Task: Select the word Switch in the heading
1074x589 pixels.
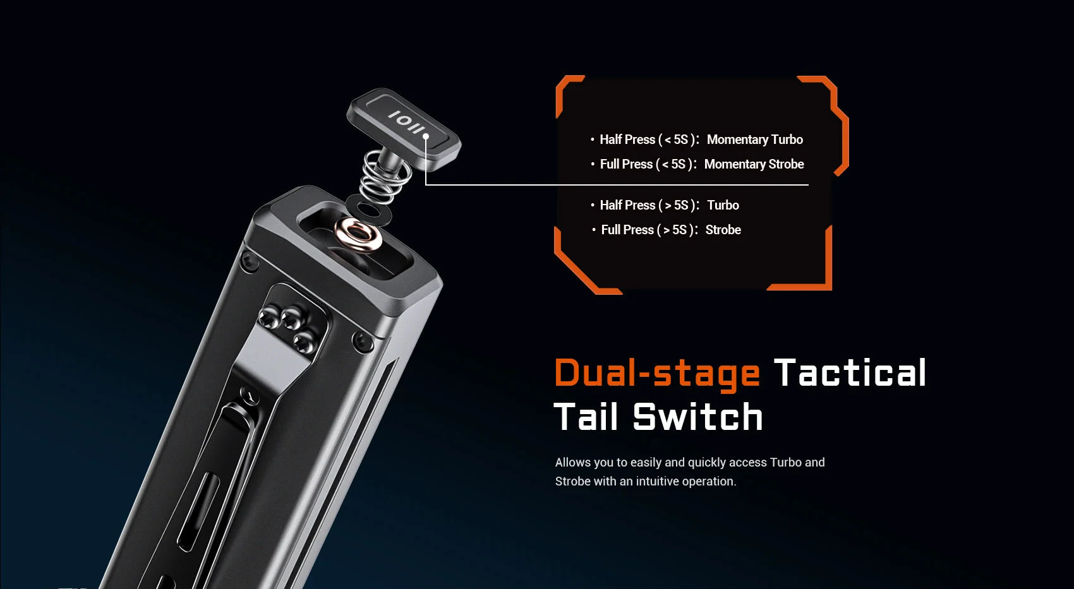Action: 697,416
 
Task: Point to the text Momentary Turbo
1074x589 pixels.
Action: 755,140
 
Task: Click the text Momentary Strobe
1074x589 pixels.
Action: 754,164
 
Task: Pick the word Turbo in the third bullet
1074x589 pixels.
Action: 723,205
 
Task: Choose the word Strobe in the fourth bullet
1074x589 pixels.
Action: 723,230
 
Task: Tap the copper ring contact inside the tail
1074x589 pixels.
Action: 358,235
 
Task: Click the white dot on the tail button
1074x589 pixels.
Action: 426,136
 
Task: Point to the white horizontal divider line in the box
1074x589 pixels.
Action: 617,184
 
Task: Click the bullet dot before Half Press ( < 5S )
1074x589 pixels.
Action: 593,140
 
